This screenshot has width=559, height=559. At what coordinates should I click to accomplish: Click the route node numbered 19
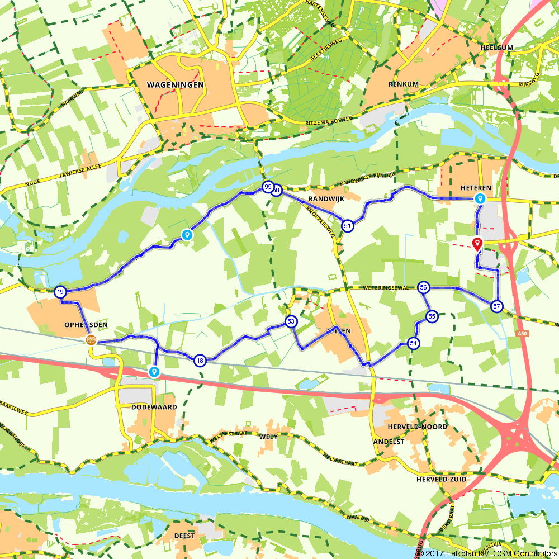[x=60, y=291]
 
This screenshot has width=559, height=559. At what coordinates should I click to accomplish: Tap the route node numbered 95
[x=268, y=187]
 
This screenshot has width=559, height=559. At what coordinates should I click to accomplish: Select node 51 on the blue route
[x=348, y=226]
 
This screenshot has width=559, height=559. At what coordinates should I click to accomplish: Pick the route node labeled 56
[x=424, y=287]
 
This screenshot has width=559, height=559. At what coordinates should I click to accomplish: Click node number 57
[x=496, y=306]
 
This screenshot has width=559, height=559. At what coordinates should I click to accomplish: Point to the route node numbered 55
[x=432, y=316]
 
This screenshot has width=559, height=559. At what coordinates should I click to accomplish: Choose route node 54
[x=414, y=343]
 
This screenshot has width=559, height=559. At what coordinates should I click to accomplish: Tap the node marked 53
[x=291, y=321]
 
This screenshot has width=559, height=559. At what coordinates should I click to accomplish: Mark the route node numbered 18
[x=200, y=361]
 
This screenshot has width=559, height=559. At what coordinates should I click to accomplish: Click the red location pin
[x=477, y=244]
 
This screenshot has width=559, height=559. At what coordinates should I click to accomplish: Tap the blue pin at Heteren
[x=480, y=198]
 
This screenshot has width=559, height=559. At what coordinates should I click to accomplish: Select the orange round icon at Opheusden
[x=91, y=340]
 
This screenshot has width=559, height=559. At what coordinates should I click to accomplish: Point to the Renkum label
[x=404, y=84]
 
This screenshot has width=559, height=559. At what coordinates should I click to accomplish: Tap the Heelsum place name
[x=496, y=48]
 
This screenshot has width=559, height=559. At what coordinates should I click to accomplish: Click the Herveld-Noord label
[x=417, y=427]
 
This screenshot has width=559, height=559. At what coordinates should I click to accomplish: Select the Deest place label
[x=184, y=536]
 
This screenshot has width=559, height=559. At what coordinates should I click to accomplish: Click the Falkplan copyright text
[x=486, y=553]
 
